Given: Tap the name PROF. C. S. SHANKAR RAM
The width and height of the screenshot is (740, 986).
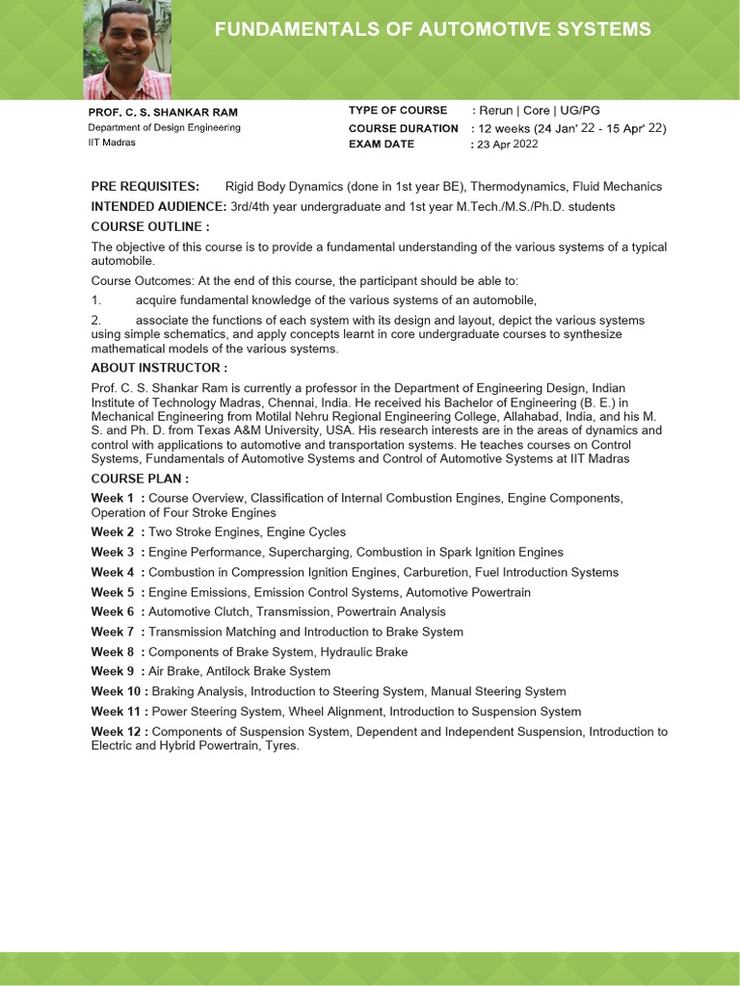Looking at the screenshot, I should click(163, 112).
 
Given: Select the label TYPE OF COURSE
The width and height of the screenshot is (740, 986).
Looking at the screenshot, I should click(398, 111).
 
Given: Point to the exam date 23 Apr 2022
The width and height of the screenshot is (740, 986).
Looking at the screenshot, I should click(507, 144).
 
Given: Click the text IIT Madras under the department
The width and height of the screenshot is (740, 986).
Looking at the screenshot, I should click(112, 143).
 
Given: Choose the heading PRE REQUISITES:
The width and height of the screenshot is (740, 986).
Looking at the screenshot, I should click(145, 187).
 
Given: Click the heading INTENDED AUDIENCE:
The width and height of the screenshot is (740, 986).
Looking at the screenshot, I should click(159, 207).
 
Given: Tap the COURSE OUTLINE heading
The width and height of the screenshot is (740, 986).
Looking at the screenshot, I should click(149, 227).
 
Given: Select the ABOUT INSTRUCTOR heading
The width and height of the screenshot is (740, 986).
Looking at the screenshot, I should click(159, 368).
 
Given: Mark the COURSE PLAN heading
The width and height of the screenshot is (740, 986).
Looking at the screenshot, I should click(140, 479).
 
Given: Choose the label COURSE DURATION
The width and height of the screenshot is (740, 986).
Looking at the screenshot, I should click(403, 128).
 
